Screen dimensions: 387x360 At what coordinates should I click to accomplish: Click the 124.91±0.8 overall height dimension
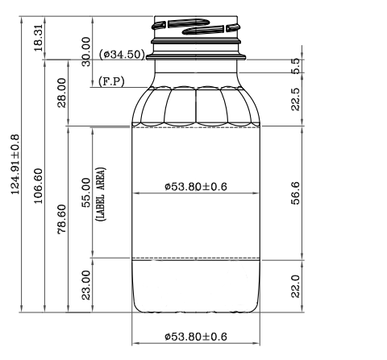pos(15,164)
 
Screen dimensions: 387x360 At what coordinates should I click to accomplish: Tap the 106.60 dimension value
pos(38,186)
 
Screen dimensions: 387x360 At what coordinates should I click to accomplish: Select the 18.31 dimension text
pos(38,38)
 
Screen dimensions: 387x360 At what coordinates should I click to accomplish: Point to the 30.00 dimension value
pos(86,52)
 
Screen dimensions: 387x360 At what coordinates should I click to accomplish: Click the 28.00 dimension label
pos(62,93)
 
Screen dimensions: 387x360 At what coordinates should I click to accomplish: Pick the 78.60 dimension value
pos(62,219)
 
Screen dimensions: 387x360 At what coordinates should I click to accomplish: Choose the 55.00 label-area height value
pos(86,192)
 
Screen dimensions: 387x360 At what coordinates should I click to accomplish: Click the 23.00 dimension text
pos(86,285)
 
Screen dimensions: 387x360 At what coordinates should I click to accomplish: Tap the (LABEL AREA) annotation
pos(101,194)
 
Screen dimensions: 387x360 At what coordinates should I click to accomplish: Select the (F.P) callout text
pos(111,81)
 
